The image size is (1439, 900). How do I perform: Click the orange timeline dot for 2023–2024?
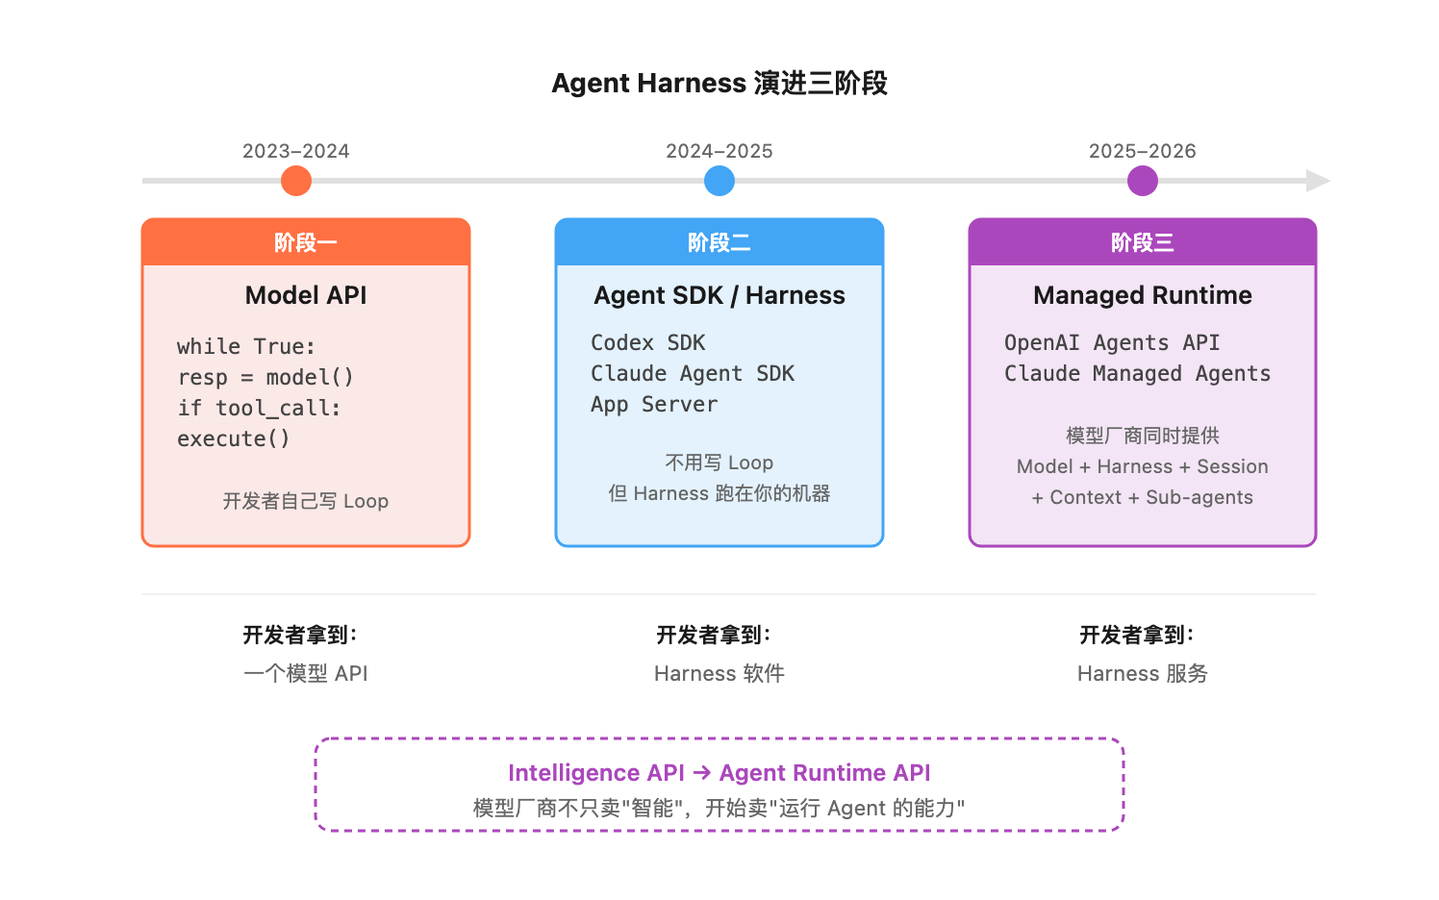click(x=296, y=181)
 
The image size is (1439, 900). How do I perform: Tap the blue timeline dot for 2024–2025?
click(x=719, y=181)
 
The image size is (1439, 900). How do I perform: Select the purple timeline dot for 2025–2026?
click(x=1142, y=181)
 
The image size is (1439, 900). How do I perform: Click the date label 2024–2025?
click(x=719, y=151)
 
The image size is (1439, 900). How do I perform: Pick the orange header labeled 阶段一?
click(x=306, y=242)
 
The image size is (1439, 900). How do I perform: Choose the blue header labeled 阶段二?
click(x=719, y=242)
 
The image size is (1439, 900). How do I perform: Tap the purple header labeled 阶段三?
click(x=1142, y=242)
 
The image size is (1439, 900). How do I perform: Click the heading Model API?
click(x=306, y=295)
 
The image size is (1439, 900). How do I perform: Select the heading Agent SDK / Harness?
click(x=719, y=295)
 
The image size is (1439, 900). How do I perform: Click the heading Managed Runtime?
click(x=1142, y=295)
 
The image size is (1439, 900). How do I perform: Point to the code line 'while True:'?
click(x=246, y=347)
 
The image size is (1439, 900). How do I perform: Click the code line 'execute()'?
click(x=233, y=439)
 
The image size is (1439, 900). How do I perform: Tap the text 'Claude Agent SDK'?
click(x=692, y=374)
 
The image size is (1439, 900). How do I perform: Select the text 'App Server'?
click(x=654, y=405)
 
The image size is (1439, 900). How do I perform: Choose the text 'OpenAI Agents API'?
click(x=1111, y=343)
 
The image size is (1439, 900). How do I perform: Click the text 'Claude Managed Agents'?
click(x=1137, y=374)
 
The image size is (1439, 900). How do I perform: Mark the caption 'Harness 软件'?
click(x=719, y=673)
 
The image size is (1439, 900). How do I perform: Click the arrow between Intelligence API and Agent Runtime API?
click(x=701, y=772)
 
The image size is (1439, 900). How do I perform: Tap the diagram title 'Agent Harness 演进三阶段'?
click(x=719, y=84)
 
